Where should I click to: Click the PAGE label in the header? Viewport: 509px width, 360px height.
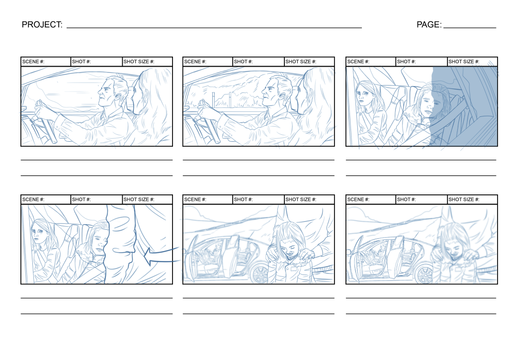click(x=428, y=24)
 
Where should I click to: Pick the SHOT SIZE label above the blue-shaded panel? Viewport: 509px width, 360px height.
click(x=463, y=62)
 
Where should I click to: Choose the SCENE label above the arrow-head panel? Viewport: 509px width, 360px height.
click(x=33, y=199)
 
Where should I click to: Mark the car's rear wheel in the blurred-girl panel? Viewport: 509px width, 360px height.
click(x=424, y=272)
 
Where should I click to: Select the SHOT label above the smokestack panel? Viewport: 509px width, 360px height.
click(x=243, y=62)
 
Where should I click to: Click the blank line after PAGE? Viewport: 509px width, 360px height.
click(x=469, y=27)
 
